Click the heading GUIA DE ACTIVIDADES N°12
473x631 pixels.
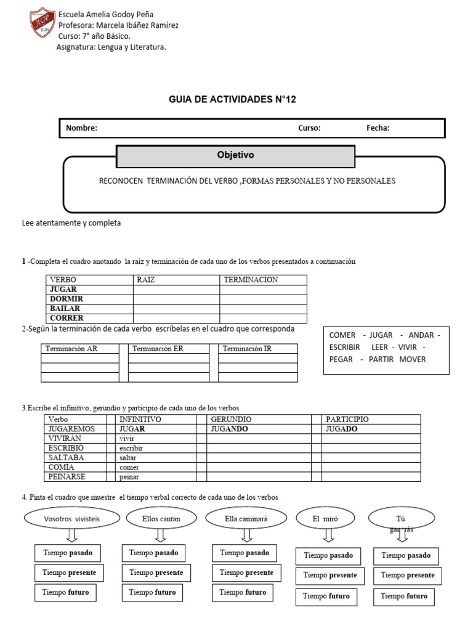pos(232,99)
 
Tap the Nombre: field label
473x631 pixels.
pos(82,128)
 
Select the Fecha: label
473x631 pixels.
pos(378,128)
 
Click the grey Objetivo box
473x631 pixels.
pos(235,156)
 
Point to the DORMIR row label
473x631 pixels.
pos(66,299)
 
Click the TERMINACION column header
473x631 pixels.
pos(251,280)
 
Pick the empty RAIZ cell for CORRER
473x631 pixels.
pos(176,318)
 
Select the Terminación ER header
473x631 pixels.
pos(158,349)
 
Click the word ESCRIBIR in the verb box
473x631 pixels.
pos(344,347)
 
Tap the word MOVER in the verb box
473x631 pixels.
pos(413,359)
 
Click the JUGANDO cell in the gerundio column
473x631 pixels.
pos(229,429)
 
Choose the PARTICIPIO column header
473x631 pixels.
pos(347,419)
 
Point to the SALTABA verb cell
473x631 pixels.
pos(66,458)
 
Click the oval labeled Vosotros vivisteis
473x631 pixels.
pos(72,519)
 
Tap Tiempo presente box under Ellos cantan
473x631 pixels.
pos(156,572)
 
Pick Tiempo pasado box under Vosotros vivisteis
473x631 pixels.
pos(67,553)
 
